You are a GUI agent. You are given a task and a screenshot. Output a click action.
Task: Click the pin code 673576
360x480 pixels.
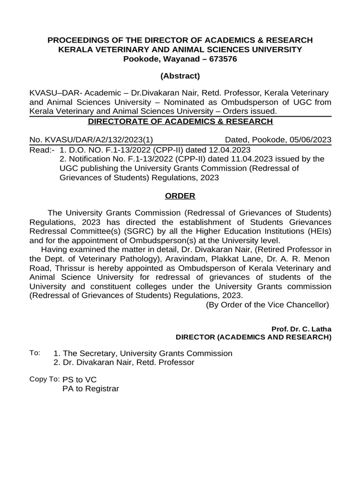221,59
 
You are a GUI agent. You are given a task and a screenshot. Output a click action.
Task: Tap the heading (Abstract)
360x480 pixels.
180,76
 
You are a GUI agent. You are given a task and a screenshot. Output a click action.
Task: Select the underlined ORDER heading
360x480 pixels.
180,195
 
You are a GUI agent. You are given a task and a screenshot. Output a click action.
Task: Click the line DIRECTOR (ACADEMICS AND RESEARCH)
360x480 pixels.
253,337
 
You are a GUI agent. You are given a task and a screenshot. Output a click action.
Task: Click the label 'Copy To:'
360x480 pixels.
44,379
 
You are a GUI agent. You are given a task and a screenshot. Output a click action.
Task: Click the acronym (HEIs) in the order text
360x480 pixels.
318,232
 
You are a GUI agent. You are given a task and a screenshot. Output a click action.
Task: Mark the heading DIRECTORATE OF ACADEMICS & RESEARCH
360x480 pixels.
180,122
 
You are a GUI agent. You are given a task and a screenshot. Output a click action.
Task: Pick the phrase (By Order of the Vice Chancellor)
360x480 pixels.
268,305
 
